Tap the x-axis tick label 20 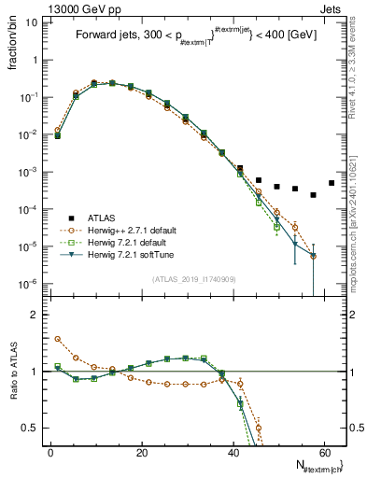pyautogui.click(x=141, y=452)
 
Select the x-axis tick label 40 pyautogui.click(x=233, y=452)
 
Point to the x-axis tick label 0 pyautogui.click(x=50, y=452)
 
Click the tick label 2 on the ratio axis pyautogui.click(x=34, y=315)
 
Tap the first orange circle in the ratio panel pyautogui.click(x=57, y=340)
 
